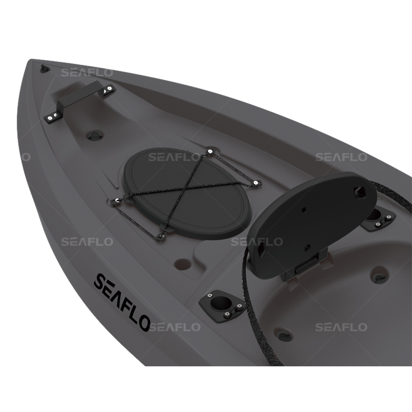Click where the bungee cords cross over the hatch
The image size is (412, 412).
(x=183, y=188)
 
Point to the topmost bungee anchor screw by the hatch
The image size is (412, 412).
(x=209, y=151)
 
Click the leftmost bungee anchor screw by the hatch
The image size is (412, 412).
(x=117, y=200)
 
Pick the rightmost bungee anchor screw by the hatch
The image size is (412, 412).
(x=256, y=183)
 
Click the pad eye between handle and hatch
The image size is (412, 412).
(x=94, y=135)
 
